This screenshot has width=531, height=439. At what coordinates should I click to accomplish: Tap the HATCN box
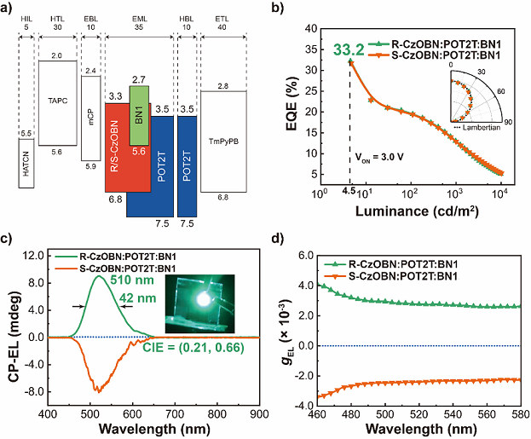pos(25,164)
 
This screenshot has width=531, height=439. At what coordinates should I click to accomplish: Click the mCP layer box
pos(90,118)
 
